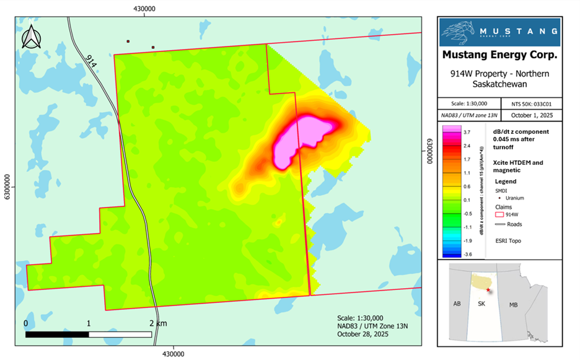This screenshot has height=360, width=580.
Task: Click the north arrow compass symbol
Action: coord(32,37)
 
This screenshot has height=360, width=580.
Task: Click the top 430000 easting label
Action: coord(144,9)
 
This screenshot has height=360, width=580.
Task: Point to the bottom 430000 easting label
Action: coord(173,354)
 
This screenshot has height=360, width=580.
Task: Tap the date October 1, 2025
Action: coord(537,115)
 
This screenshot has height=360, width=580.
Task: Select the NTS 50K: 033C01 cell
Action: coord(537,103)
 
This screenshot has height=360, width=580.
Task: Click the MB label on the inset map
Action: coord(513,305)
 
